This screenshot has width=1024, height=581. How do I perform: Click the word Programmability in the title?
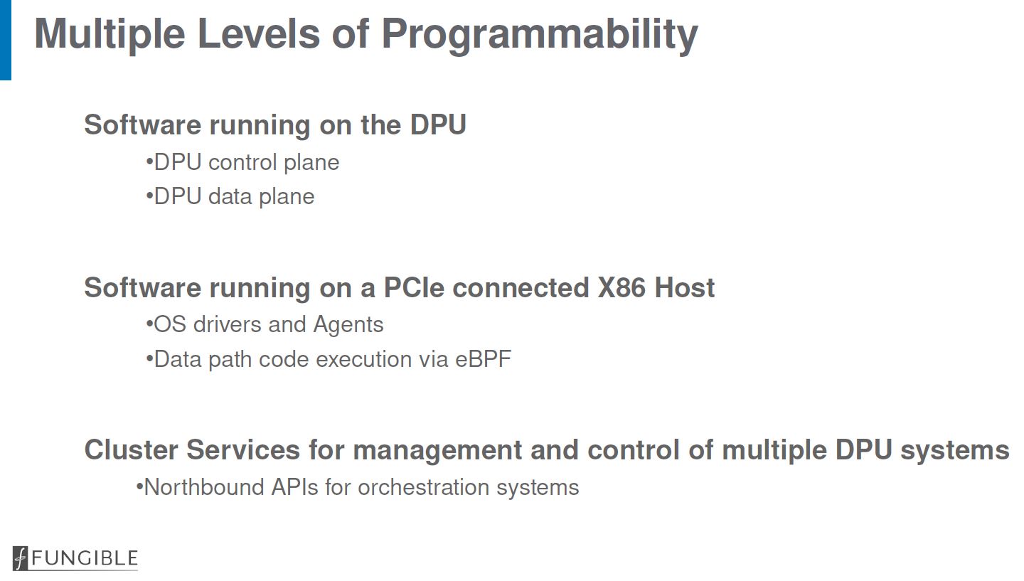click(540, 35)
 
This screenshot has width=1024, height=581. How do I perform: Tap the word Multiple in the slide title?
click(110, 35)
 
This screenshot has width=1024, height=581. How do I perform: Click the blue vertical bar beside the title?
click(6, 40)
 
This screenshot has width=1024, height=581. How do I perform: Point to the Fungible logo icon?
click(20, 558)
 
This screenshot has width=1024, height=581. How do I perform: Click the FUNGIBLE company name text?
click(85, 558)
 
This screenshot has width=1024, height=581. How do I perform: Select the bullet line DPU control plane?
click(242, 163)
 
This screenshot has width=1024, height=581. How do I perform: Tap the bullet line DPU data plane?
click(230, 197)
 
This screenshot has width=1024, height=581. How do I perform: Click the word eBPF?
click(484, 359)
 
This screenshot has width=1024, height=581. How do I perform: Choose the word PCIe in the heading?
click(414, 287)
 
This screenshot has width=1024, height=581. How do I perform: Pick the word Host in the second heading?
click(684, 287)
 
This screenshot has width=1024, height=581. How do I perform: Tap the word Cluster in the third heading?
click(131, 450)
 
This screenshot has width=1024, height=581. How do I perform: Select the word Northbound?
click(204, 487)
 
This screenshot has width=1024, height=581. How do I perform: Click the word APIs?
click(295, 487)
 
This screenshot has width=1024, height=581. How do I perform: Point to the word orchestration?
click(424, 487)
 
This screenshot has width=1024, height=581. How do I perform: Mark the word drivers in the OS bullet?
click(228, 324)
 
